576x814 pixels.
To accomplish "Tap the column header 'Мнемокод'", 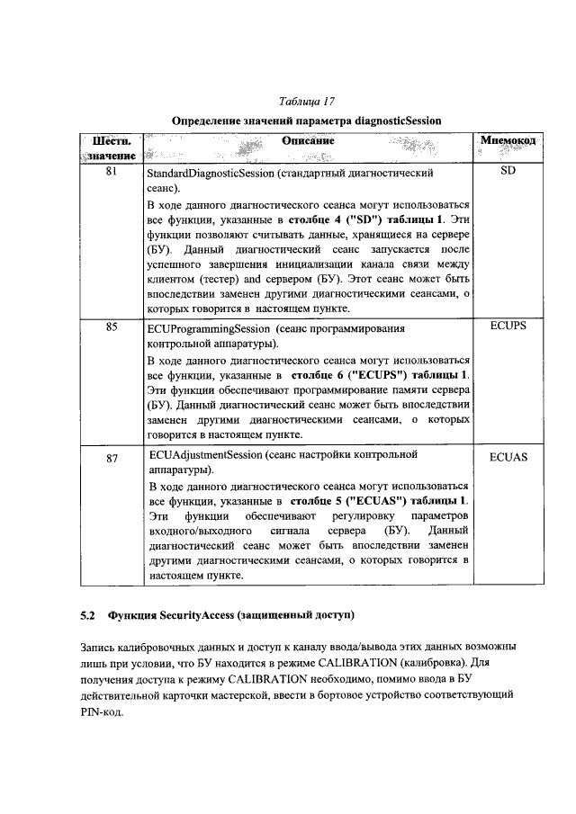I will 509,142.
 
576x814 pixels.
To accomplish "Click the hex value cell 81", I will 109,171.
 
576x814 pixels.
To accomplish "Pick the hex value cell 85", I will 109,327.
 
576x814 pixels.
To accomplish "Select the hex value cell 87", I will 109,458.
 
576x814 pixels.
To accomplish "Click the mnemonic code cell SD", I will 508,171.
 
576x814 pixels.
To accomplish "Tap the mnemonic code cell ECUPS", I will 508,327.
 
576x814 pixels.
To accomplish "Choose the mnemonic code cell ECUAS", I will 508,458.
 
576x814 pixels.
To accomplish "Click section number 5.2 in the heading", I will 87,615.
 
